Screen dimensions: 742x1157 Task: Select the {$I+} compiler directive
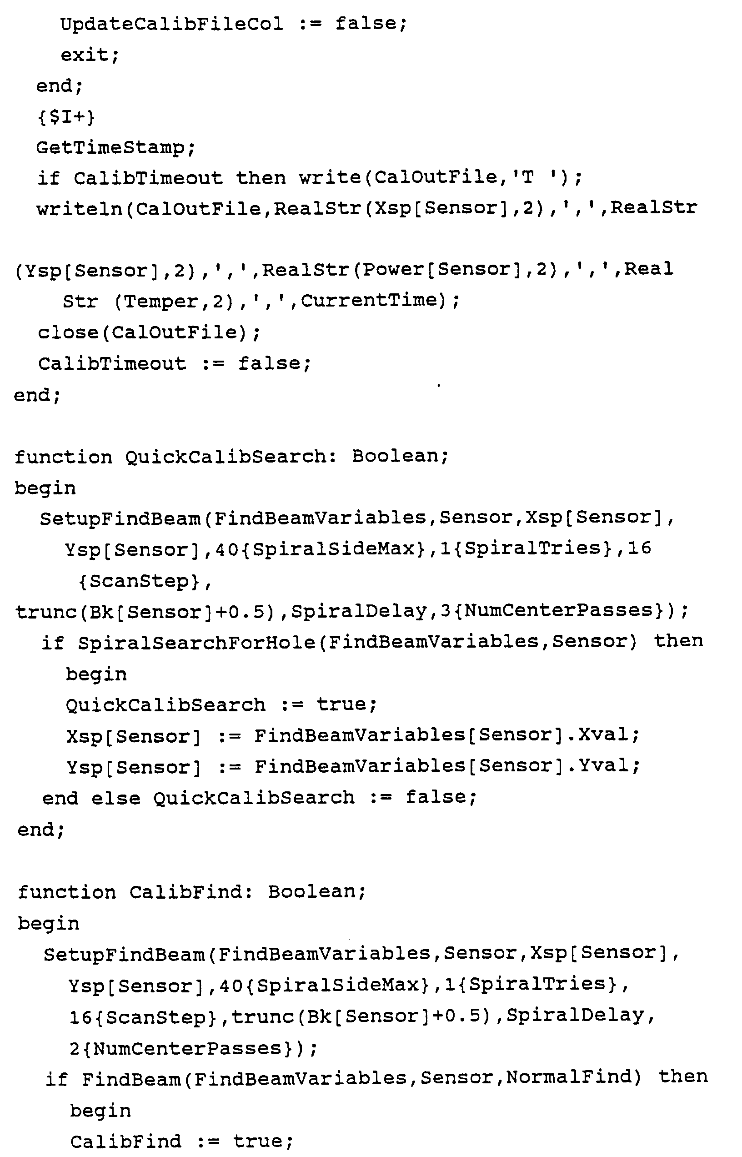click(x=66, y=117)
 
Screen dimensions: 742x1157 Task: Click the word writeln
click(x=80, y=209)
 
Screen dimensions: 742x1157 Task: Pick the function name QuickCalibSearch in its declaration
click(x=231, y=456)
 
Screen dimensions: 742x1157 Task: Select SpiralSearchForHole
click(x=196, y=642)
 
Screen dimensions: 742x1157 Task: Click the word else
click(x=115, y=798)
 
